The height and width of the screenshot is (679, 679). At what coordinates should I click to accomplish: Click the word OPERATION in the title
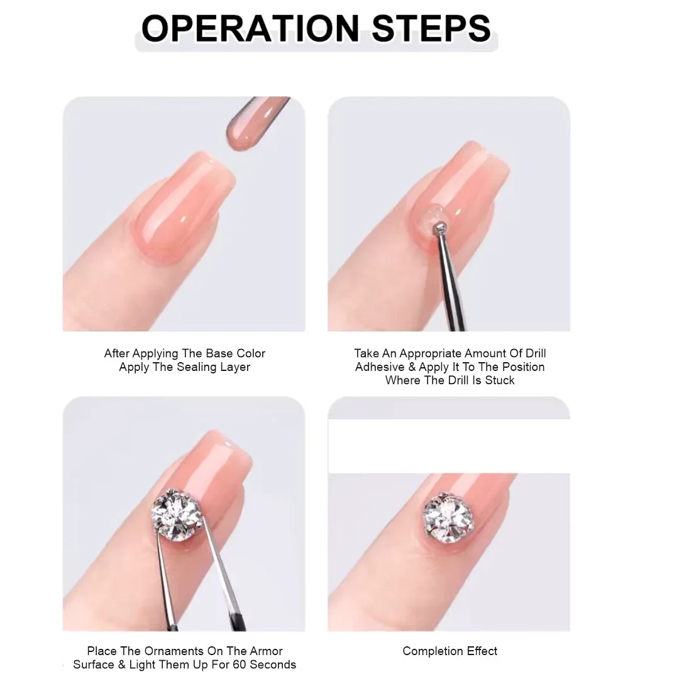(x=250, y=28)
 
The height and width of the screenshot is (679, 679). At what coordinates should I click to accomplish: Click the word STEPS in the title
(x=431, y=28)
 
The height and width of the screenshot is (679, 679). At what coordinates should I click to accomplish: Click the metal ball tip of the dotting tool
(x=440, y=227)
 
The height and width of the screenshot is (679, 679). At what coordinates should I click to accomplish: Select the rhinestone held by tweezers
(x=178, y=514)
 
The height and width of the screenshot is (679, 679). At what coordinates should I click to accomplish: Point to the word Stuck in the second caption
(x=500, y=380)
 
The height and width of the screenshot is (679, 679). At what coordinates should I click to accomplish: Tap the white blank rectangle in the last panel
(x=449, y=446)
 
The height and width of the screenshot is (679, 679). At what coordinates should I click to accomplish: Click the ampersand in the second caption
(x=411, y=367)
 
